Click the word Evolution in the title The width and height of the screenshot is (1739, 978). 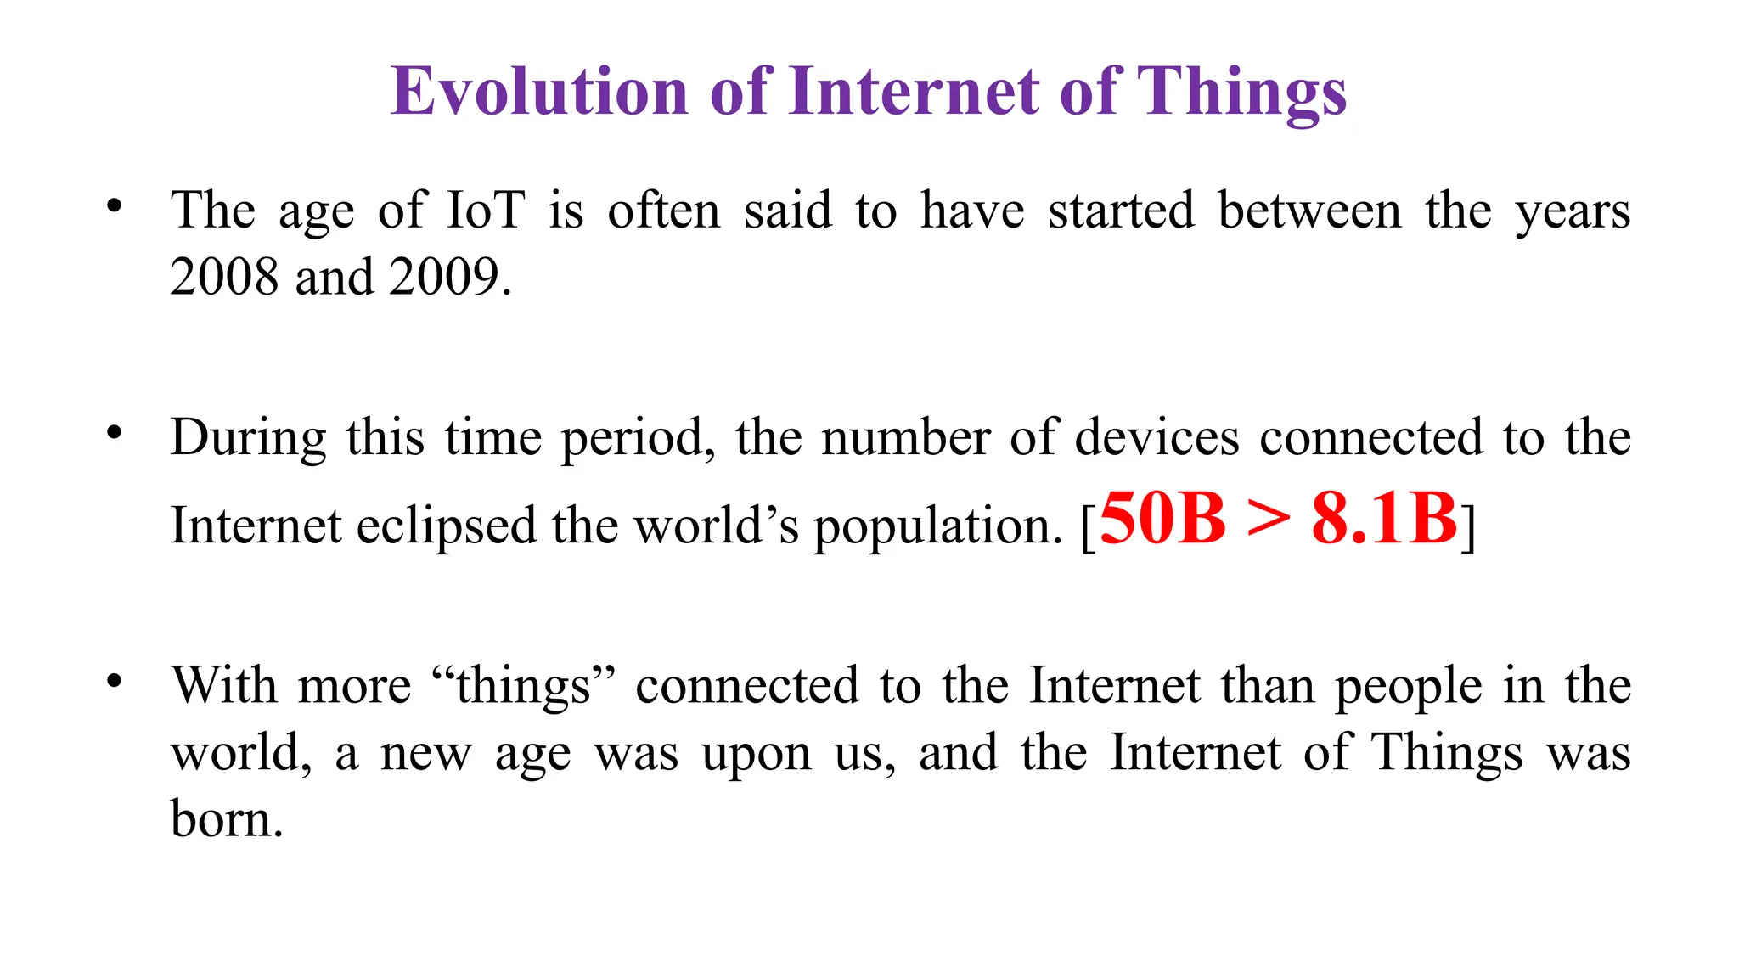pos(539,91)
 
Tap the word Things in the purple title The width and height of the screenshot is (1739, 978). pos(1241,91)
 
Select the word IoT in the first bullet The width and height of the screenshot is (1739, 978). pos(486,210)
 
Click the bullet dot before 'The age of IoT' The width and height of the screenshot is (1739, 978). pos(115,206)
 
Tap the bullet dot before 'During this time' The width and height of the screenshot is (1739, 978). pos(115,433)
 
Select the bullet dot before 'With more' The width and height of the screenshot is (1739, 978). pos(115,681)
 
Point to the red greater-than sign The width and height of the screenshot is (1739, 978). pos(1269,520)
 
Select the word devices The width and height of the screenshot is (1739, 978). pos(1157,437)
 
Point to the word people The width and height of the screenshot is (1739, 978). pos(1409,687)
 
